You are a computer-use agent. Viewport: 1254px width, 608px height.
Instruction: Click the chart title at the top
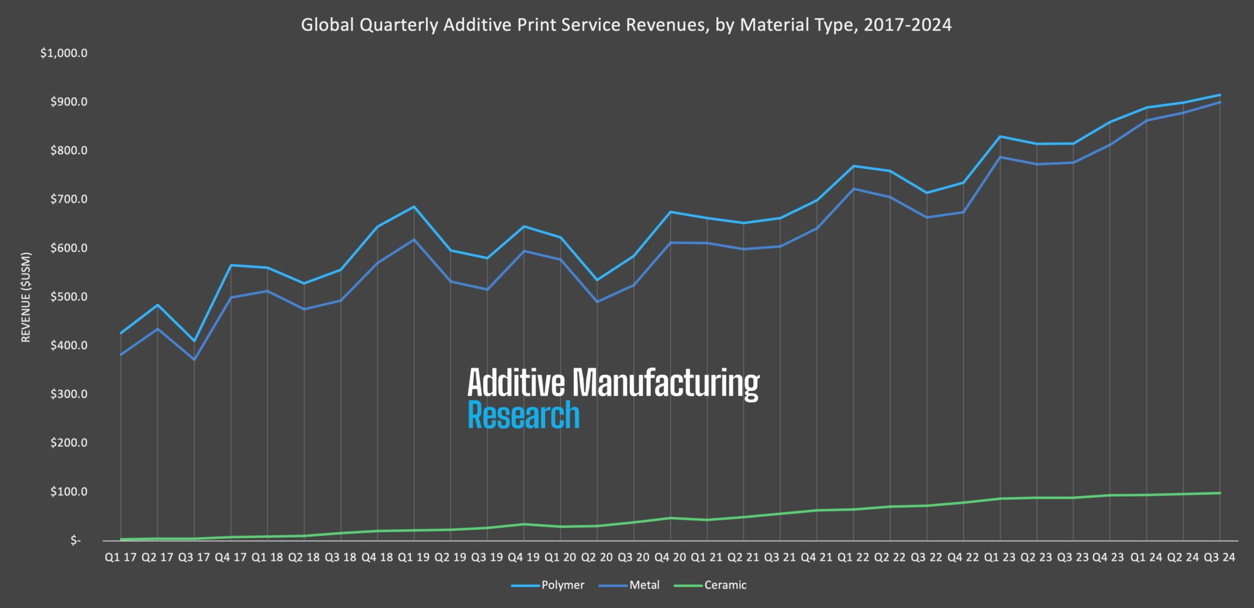click(626, 25)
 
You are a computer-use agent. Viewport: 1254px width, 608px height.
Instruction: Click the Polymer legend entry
click(562, 585)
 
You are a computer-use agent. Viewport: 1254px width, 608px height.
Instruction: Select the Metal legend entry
click(644, 585)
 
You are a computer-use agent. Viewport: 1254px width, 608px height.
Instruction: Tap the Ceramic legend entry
click(725, 585)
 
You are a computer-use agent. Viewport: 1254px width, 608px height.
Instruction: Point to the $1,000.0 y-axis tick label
click(64, 53)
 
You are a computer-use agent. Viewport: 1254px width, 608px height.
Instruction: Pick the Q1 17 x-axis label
click(121, 558)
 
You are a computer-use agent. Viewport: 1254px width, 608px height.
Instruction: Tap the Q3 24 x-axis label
click(1220, 558)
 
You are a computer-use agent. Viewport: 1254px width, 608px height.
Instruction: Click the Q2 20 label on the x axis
click(597, 558)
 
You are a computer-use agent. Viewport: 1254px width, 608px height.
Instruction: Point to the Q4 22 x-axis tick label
click(963, 558)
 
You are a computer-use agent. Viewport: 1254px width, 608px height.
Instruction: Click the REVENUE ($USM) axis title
click(26, 297)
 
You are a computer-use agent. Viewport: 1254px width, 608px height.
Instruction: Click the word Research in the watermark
click(524, 415)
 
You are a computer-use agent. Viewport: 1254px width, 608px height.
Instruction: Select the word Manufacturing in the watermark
click(666, 384)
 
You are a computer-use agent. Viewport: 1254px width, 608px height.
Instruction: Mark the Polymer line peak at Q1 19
click(414, 207)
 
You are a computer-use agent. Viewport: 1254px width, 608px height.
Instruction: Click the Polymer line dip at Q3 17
click(194, 341)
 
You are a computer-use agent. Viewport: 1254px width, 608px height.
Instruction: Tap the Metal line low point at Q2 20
click(597, 302)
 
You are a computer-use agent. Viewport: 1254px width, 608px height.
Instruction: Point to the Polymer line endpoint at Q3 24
click(1220, 95)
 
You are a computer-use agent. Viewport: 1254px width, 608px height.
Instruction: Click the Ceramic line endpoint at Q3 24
click(1220, 493)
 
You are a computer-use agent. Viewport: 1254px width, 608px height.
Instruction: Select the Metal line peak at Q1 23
click(1000, 157)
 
